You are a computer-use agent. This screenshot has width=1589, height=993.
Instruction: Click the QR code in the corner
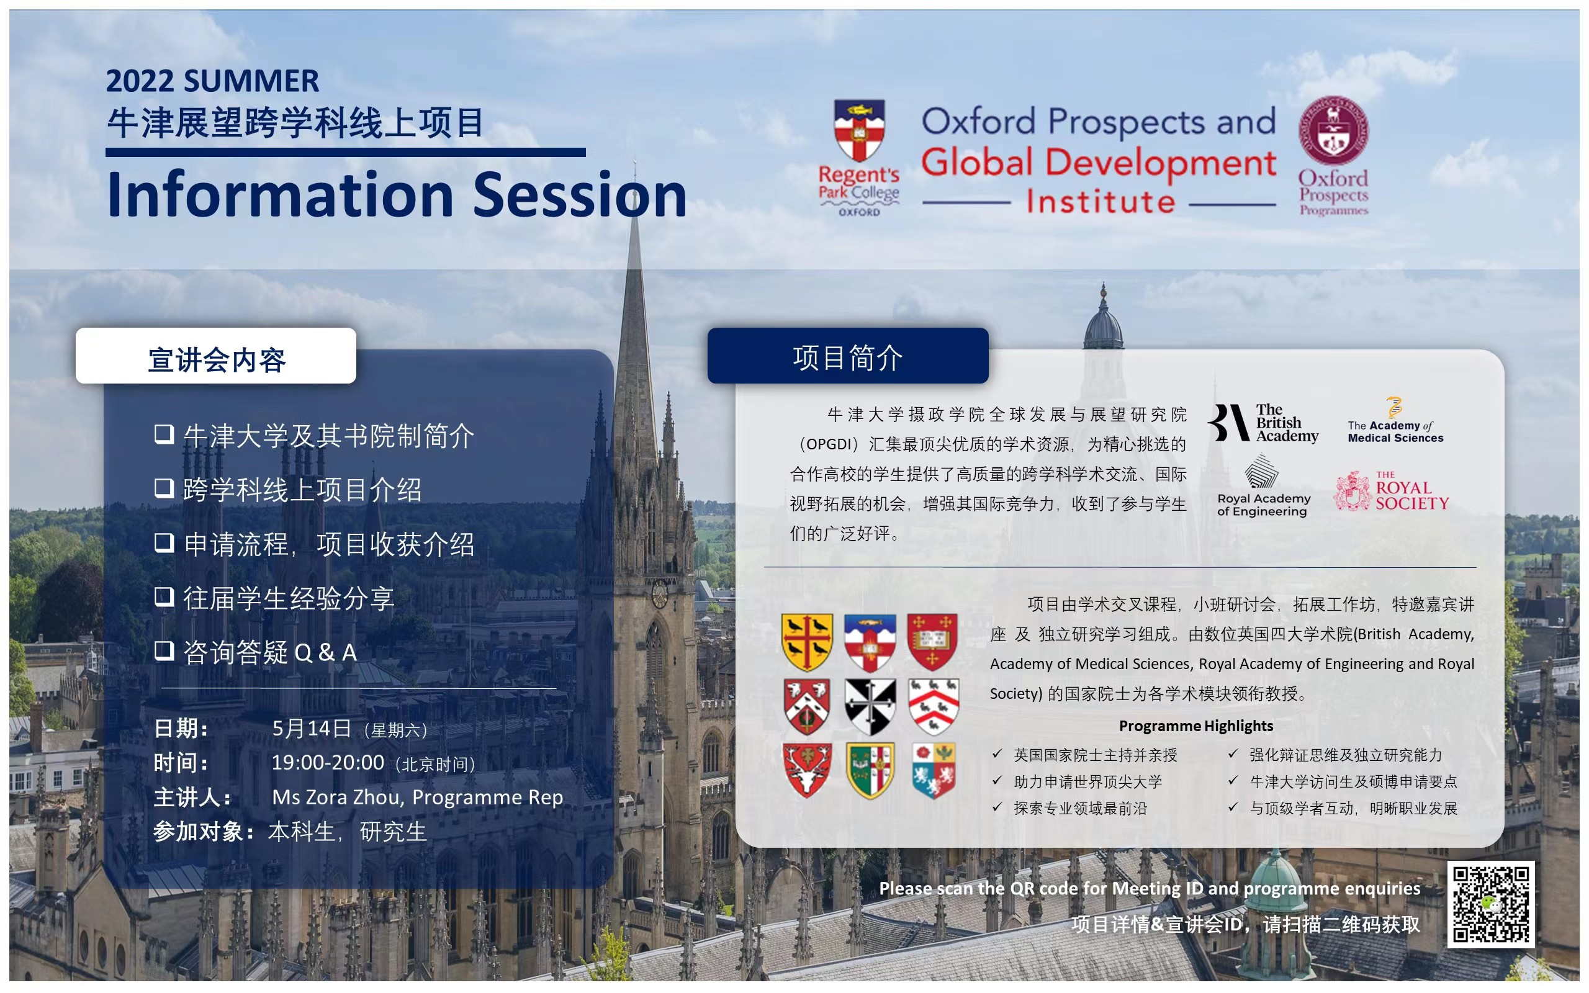tap(1490, 904)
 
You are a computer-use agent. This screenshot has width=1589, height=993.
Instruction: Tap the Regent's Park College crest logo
tap(859, 158)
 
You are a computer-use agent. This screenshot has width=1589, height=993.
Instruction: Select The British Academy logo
tap(1263, 423)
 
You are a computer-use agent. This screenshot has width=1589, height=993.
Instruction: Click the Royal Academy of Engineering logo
tap(1263, 487)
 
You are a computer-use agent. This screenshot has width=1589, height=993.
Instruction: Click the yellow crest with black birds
tap(807, 642)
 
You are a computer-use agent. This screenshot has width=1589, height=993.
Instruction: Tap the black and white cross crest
tap(870, 707)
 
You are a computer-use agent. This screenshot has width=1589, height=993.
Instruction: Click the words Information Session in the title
tap(397, 194)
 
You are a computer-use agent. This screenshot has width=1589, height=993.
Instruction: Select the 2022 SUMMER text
tap(212, 81)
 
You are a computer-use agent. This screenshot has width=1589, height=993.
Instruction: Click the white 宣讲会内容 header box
tap(216, 355)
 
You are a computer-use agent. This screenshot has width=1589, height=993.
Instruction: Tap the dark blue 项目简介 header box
tap(848, 355)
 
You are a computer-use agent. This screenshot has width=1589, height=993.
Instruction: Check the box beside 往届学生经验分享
tap(164, 596)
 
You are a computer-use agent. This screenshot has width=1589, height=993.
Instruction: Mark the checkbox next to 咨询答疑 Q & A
tap(164, 650)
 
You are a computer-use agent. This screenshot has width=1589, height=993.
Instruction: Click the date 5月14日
tap(312, 727)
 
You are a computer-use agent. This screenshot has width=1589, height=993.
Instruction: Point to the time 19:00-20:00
tap(328, 763)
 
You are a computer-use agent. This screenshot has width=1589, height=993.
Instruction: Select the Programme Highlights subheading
tap(1195, 726)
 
